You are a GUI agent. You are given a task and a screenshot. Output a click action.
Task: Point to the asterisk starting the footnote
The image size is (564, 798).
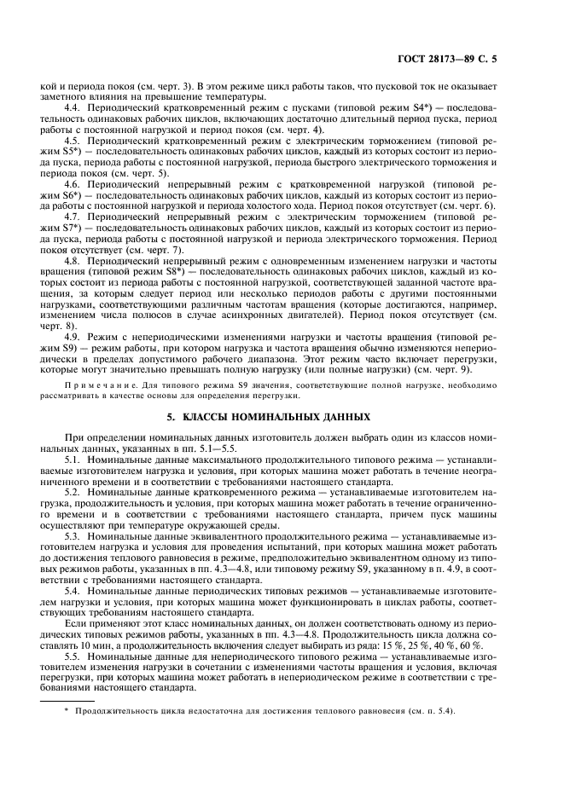click(x=65, y=711)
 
